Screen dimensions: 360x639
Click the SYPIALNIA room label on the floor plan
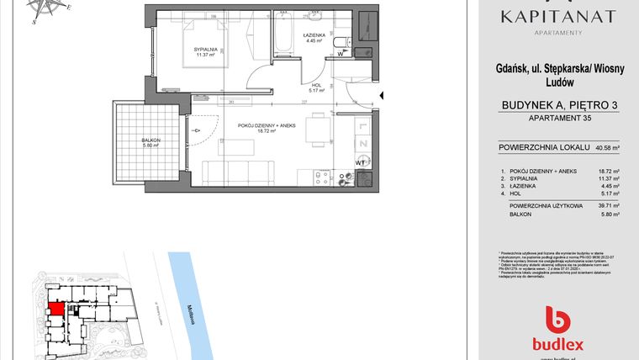click(x=207, y=50)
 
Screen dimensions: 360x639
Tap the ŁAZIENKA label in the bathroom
click(x=314, y=36)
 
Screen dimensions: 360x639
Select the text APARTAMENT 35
click(x=558, y=119)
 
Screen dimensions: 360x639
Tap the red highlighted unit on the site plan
click(x=55, y=309)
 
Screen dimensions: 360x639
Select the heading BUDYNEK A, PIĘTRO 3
click(x=558, y=104)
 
